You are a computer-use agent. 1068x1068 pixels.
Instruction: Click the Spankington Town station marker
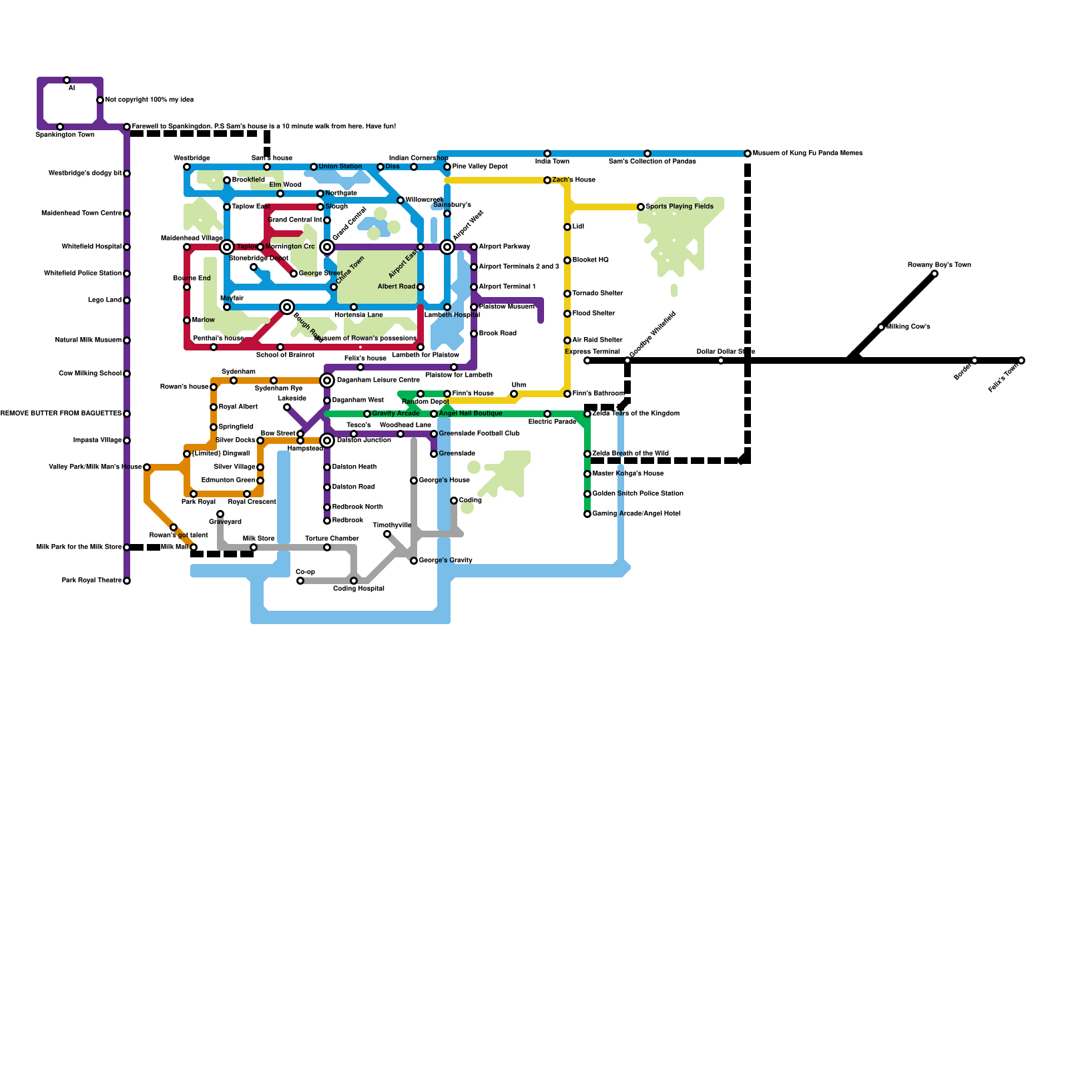[60, 127]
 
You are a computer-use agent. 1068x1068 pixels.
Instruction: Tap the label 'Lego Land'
[105, 300]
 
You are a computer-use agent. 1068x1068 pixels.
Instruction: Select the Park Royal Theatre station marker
[127, 581]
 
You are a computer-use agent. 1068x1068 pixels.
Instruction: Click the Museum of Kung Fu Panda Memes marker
[748, 154]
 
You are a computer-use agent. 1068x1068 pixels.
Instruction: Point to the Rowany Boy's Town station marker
[934, 274]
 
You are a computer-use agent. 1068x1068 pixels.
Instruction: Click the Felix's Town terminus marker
[1021, 360]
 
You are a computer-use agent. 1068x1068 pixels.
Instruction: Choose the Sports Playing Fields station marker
[641, 207]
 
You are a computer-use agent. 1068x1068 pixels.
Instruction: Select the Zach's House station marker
[547, 180]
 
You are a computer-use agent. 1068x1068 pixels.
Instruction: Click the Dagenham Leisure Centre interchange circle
[327, 380]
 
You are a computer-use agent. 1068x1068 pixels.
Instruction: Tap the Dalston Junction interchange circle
[327, 441]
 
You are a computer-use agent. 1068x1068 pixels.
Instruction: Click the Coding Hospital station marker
[354, 581]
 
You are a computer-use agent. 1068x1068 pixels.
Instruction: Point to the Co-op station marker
[300, 581]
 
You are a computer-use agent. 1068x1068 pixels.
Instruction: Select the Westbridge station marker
[187, 167]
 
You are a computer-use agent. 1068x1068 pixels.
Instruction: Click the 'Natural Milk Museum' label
[88, 340]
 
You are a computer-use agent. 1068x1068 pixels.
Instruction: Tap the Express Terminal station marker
[587, 360]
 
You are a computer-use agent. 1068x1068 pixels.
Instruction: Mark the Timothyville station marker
[387, 534]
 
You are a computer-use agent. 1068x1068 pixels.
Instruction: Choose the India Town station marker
[547, 154]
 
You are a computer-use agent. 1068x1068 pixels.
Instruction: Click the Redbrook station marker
[327, 521]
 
